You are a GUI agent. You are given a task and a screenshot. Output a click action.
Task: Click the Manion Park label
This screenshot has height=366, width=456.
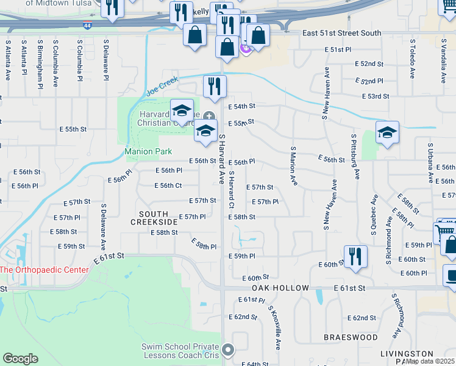coord(148,151)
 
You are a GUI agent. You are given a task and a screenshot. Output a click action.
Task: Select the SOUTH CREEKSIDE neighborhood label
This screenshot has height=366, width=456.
coord(154,218)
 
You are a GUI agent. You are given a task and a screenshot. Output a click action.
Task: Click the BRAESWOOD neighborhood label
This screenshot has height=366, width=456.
coord(351,337)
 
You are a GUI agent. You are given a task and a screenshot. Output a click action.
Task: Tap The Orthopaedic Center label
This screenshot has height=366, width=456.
coord(40,270)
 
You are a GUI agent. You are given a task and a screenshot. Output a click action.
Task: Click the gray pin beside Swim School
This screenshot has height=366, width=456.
coord(228,350)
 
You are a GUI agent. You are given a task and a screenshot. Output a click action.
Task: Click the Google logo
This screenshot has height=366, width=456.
coord(21,359)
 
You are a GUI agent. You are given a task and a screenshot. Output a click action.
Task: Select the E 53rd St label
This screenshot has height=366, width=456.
coord(375,96)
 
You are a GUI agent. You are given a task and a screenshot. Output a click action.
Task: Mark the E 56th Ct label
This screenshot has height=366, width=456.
coord(170,185)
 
